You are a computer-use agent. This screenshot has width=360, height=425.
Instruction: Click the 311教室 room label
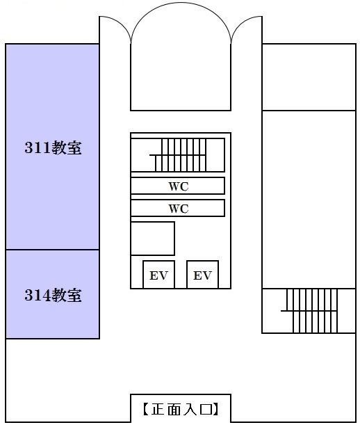(53, 147)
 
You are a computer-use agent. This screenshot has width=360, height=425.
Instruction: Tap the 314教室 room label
(53, 295)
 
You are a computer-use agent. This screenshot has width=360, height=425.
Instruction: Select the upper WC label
(179, 186)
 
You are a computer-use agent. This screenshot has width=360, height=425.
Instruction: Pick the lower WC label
(179, 209)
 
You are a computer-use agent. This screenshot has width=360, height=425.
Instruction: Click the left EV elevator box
(158, 274)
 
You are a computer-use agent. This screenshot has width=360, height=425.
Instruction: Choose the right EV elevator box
(203, 274)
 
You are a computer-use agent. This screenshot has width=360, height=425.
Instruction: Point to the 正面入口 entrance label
(181, 409)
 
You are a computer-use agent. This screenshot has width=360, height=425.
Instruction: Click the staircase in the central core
(178, 155)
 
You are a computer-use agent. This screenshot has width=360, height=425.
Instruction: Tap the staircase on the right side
(309, 311)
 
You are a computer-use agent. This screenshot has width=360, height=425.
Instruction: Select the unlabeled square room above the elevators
(152, 239)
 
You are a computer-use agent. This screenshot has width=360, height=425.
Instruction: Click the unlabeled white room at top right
(309, 77)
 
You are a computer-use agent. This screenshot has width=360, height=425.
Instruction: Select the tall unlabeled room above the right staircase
(309, 200)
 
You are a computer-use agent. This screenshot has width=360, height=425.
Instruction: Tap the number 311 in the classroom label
(38, 147)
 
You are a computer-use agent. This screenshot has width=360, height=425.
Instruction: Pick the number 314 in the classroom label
(38, 295)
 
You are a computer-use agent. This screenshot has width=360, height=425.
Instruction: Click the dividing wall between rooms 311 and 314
(53, 250)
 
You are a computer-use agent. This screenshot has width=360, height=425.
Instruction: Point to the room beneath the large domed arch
(181, 77)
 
